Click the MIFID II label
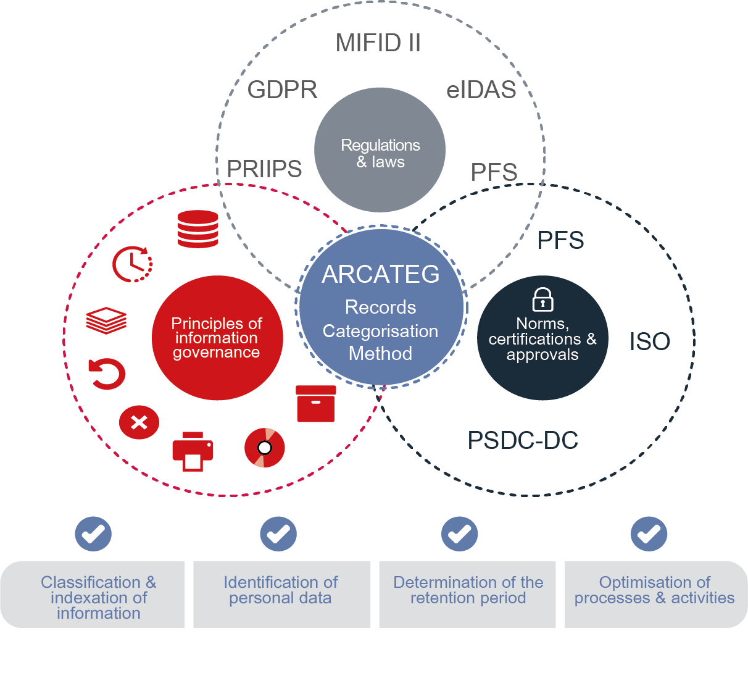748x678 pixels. click(x=378, y=43)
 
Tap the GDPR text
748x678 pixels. click(x=282, y=90)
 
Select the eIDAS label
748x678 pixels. click(x=481, y=90)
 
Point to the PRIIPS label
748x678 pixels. click(x=264, y=169)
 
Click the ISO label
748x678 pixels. click(x=649, y=341)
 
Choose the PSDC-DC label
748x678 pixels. click(x=523, y=440)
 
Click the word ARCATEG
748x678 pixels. click(x=381, y=274)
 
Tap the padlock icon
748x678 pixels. click(x=542, y=299)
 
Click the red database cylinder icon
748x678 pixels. click(x=198, y=229)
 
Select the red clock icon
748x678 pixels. click(x=132, y=264)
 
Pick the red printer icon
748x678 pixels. click(x=193, y=451)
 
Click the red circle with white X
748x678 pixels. click(x=139, y=422)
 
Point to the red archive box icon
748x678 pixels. click(x=316, y=404)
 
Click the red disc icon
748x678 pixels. click(x=265, y=448)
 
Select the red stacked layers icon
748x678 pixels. click(x=106, y=320)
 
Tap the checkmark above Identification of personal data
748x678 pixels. click(x=278, y=534)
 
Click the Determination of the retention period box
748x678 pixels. click(x=468, y=594)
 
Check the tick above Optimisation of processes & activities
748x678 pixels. click(x=649, y=534)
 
